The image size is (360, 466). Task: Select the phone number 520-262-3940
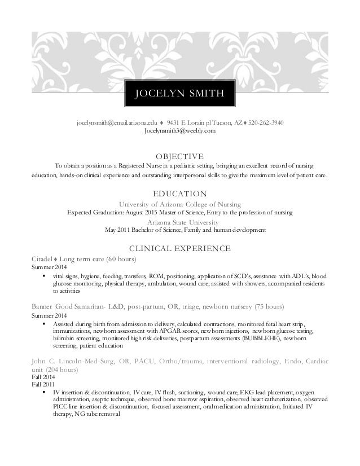point(266,122)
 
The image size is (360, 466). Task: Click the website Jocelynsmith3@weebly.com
point(180,131)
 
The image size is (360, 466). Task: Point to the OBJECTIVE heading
point(180,156)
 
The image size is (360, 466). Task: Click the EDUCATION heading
point(180,194)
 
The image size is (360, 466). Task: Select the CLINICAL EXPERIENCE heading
point(180,248)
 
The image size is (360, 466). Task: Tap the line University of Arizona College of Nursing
point(180,204)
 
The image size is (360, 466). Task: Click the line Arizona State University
point(180,222)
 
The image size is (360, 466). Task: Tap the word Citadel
point(41,258)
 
